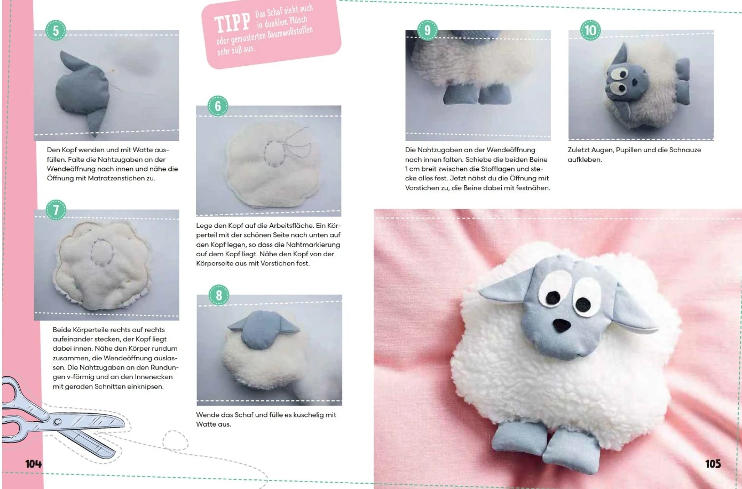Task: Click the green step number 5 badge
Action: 56,30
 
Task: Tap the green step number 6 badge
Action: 218,106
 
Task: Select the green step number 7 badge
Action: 56,210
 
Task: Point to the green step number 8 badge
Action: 219,295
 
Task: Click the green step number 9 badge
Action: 427,30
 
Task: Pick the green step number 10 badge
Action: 590,30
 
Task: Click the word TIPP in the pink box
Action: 232,22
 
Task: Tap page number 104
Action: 34,464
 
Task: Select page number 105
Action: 713,464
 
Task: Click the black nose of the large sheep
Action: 562,325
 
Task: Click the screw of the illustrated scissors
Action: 57,422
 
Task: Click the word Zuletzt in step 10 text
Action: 578,150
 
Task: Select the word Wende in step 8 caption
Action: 206,415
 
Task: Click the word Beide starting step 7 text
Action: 61,330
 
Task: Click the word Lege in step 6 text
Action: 204,226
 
